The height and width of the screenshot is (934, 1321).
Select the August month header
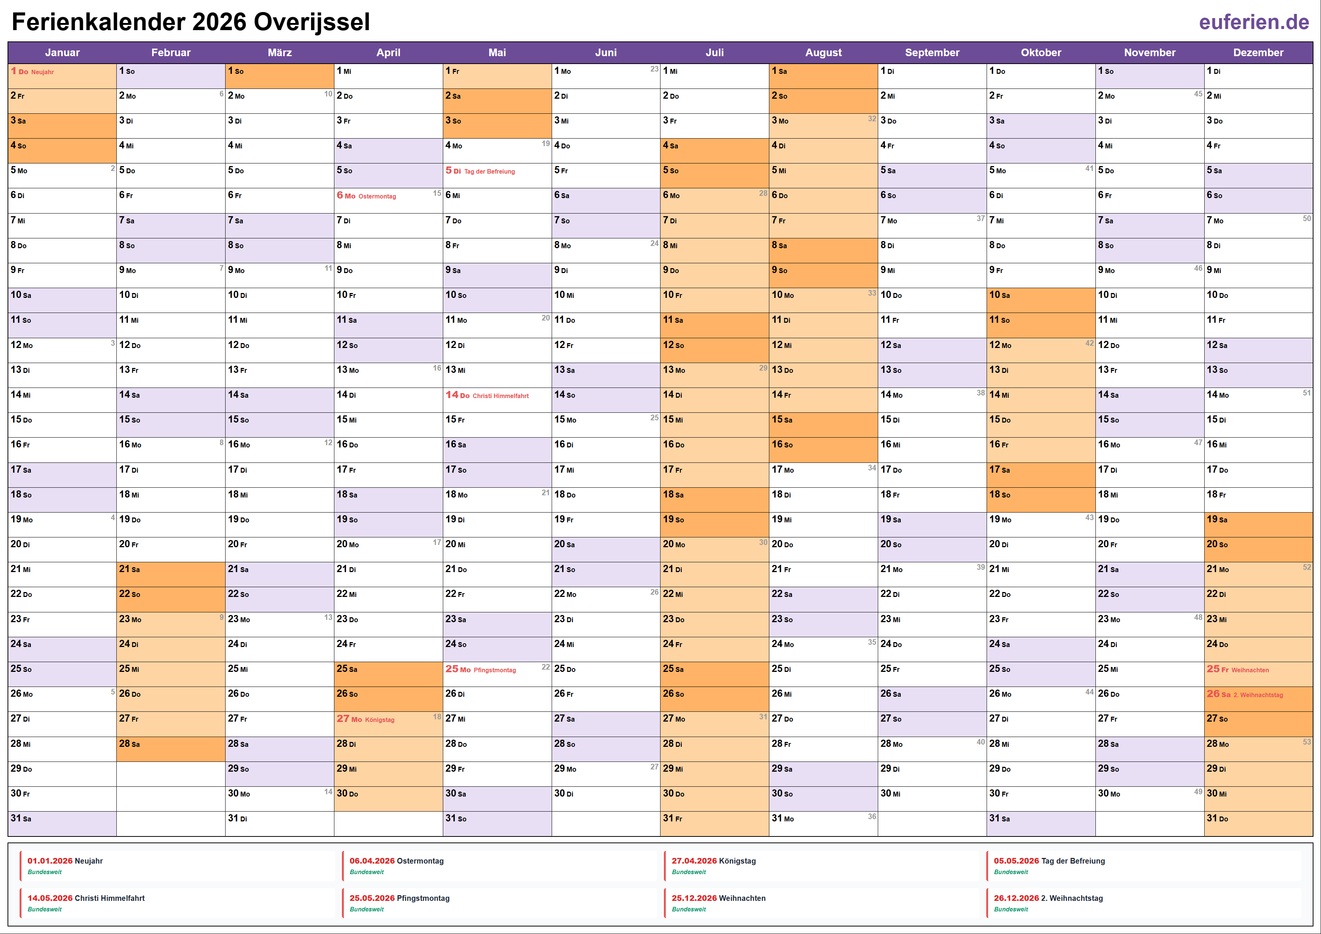click(x=823, y=52)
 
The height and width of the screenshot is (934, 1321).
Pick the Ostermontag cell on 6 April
click(x=388, y=196)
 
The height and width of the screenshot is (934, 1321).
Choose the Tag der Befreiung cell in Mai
click(x=497, y=171)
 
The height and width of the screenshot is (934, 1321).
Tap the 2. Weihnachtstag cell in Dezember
click(x=1258, y=694)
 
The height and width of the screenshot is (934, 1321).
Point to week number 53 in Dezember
click(x=1307, y=742)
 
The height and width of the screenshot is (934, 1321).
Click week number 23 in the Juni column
click(x=654, y=69)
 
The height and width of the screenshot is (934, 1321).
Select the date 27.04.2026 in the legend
click(x=694, y=861)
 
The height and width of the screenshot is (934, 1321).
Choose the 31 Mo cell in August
click(x=823, y=819)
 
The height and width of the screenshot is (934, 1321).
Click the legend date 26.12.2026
click(x=1016, y=898)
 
